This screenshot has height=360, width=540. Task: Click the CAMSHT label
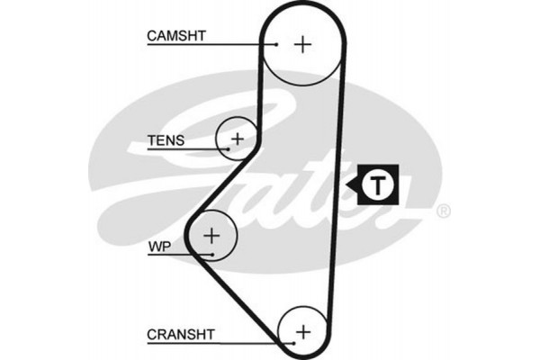(x=176, y=36)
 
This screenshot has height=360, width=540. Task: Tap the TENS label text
(x=166, y=140)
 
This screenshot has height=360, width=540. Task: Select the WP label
(x=158, y=244)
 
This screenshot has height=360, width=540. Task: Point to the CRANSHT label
(x=180, y=334)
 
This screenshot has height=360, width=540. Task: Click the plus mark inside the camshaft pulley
(x=303, y=43)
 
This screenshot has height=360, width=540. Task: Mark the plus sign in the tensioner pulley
(x=238, y=139)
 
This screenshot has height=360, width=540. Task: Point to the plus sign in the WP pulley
(x=211, y=236)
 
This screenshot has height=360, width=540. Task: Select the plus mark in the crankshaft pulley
(x=302, y=330)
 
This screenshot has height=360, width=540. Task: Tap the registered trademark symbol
(x=443, y=212)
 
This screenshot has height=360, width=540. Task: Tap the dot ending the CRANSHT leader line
(x=293, y=342)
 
